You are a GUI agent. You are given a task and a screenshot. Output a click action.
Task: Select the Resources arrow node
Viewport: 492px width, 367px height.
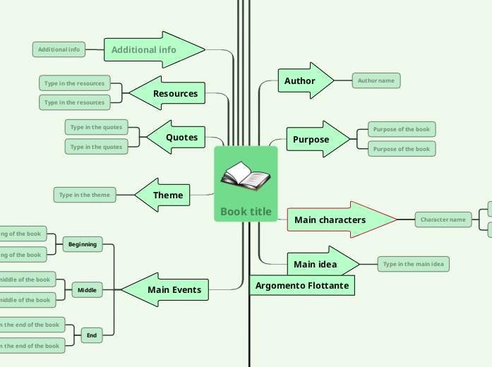[x=175, y=93]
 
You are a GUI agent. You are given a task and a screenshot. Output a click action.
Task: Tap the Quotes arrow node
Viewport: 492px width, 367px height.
[x=181, y=137]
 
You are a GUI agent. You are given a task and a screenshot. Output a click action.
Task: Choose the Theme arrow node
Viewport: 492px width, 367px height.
[x=168, y=195]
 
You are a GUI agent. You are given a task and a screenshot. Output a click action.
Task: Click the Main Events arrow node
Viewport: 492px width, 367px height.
[x=174, y=289]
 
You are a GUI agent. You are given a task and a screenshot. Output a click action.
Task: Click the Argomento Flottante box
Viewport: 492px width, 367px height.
[x=302, y=286]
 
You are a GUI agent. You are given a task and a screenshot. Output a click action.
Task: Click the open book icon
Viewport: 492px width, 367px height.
[x=245, y=176]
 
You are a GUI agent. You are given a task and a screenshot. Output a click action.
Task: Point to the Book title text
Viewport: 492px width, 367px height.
[x=246, y=211]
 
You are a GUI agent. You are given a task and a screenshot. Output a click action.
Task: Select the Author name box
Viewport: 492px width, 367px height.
[x=376, y=80]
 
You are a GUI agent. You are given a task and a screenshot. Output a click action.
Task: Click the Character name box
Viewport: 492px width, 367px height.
[x=443, y=219]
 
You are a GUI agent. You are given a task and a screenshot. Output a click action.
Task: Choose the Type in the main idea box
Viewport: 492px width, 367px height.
[x=414, y=264]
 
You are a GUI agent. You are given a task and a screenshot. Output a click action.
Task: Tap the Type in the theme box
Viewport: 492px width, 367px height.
[x=85, y=195]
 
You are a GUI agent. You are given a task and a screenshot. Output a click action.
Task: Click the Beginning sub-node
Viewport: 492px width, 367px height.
[x=83, y=244]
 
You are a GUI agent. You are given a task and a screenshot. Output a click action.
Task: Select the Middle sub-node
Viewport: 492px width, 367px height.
[x=87, y=289]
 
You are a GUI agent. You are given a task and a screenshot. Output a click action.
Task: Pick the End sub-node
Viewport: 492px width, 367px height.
[x=92, y=335]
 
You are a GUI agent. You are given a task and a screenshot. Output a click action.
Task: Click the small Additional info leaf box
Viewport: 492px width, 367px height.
[x=59, y=49]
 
